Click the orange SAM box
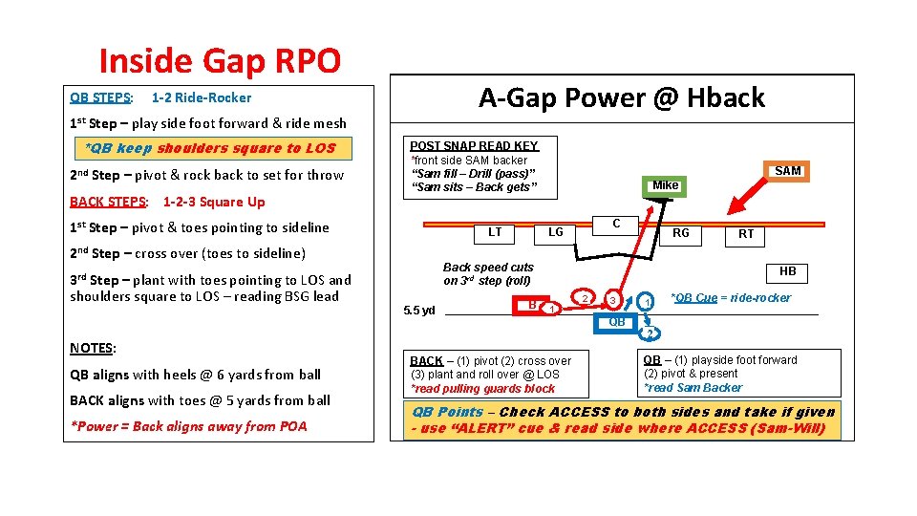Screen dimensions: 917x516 point(788,171)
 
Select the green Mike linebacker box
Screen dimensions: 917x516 point(665,185)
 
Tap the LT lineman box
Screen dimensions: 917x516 point(495,232)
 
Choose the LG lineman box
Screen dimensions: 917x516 point(555,232)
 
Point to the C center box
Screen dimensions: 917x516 point(616,224)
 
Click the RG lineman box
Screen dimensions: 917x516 point(681,232)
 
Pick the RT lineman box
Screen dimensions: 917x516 point(745,234)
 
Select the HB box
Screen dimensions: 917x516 point(787,271)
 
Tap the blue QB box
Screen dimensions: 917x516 point(617,322)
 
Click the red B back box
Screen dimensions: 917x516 point(532,305)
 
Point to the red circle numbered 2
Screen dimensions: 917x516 point(585,297)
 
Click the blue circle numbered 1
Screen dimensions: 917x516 point(647,302)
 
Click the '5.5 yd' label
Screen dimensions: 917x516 point(419,311)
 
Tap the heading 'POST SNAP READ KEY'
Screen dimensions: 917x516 point(474,146)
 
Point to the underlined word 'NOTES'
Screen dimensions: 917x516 point(92,348)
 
